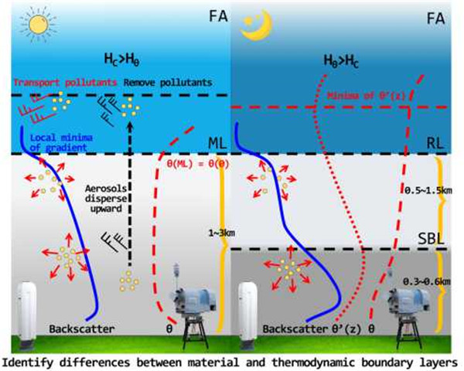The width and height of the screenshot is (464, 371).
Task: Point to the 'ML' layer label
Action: pos(217,144)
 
